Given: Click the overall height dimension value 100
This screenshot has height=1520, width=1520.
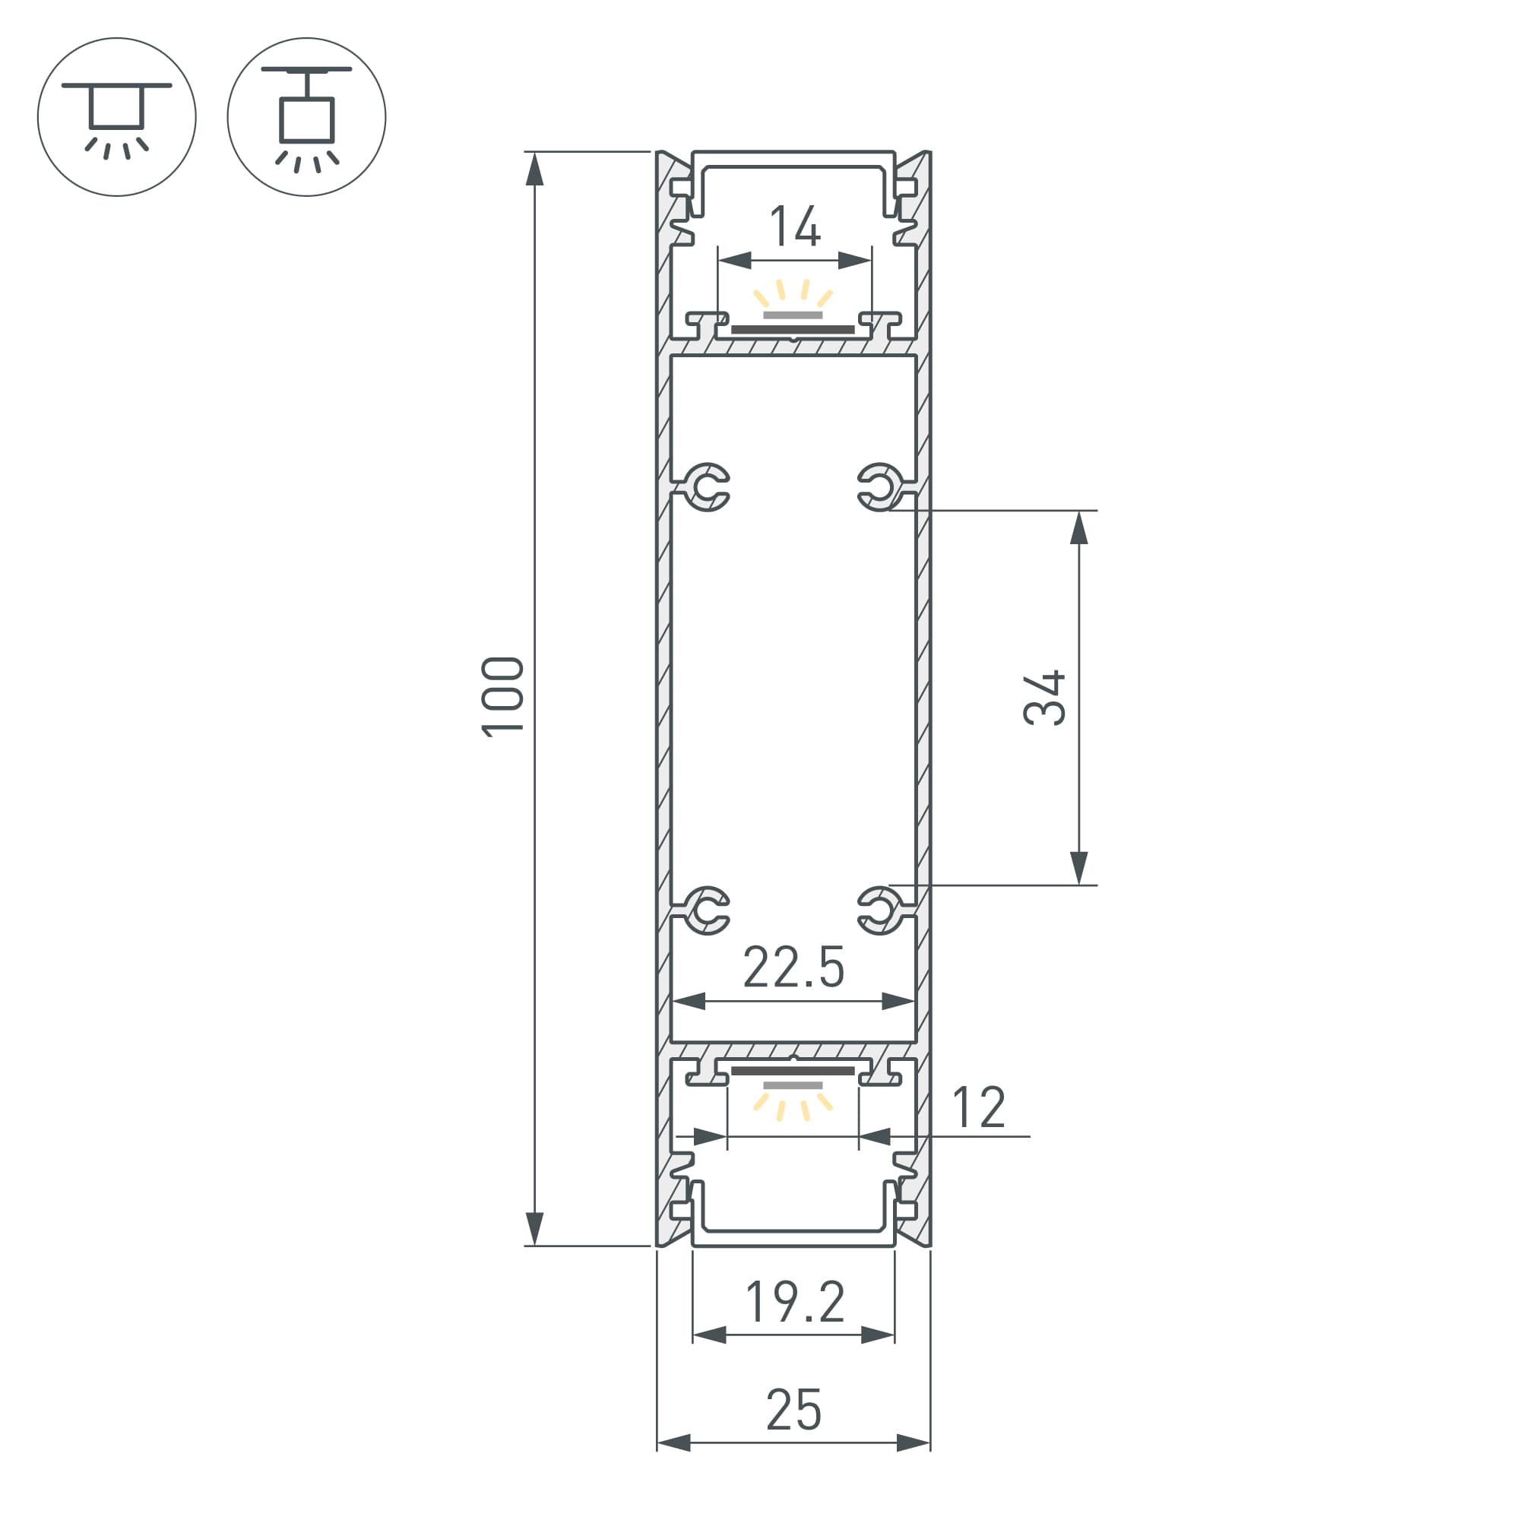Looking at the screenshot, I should (502, 696).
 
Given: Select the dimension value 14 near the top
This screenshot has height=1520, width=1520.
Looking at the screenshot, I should (795, 226).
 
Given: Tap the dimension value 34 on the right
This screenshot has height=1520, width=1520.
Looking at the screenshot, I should (1044, 697).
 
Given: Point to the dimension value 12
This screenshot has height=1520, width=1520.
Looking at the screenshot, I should (978, 1107).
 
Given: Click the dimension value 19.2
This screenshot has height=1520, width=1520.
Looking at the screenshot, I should (795, 1302).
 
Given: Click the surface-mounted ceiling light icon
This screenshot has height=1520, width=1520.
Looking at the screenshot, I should (116, 116).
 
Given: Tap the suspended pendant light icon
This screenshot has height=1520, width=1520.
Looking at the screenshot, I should (307, 116).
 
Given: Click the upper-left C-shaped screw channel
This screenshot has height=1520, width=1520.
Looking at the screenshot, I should (708, 487).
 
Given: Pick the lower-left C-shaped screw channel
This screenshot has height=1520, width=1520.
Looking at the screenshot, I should (708, 910).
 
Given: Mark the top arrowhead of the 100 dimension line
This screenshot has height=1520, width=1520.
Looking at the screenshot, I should (534, 169).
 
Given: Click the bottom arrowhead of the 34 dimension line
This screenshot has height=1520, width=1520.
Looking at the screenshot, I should (1078, 868).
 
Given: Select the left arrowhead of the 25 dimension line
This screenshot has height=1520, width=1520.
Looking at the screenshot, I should (673, 1443).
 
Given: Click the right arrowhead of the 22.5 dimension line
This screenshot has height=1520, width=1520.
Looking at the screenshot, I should (898, 1002).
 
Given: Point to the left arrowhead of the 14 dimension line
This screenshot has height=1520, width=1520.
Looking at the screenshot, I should (735, 261).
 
